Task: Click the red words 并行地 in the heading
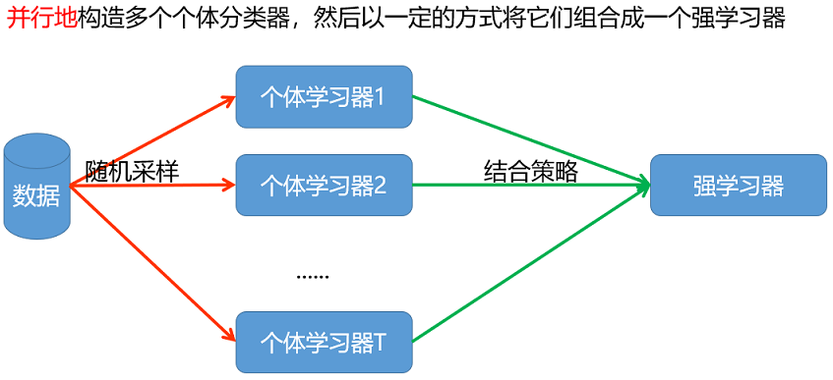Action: (x=39, y=19)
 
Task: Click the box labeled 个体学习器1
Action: (x=324, y=96)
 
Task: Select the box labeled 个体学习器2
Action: (x=324, y=185)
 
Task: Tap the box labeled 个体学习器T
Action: (x=324, y=342)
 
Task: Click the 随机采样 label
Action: (x=132, y=170)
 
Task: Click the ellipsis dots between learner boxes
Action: (x=313, y=276)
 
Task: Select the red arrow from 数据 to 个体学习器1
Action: (x=148, y=140)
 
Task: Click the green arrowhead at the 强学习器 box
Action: (x=643, y=184)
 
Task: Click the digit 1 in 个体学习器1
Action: (x=380, y=97)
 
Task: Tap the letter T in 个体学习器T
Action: (x=380, y=343)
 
